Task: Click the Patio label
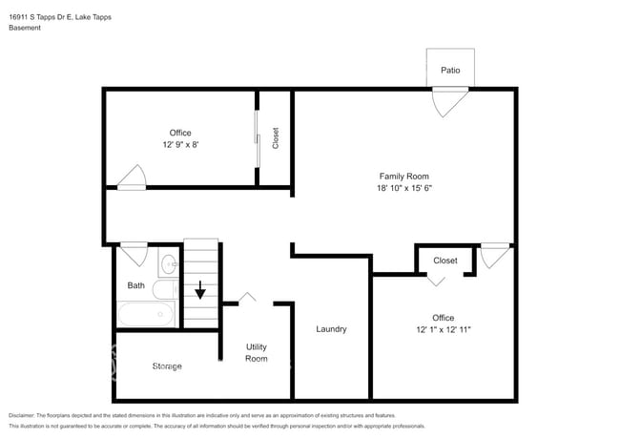(x=450, y=71)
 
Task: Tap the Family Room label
(x=404, y=176)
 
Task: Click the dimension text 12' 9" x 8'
(x=180, y=145)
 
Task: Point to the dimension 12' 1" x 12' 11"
(x=444, y=329)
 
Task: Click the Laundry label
(x=331, y=329)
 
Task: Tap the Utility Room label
(x=257, y=352)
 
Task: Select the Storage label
(x=167, y=366)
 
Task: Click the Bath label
(x=136, y=285)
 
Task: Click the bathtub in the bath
(x=145, y=315)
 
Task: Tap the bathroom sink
(x=168, y=262)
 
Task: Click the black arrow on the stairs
(x=200, y=288)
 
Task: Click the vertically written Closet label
(x=276, y=138)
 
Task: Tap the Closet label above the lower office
(x=445, y=261)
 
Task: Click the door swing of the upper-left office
(x=132, y=178)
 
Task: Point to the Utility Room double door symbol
(x=248, y=298)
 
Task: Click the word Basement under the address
(x=25, y=28)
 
